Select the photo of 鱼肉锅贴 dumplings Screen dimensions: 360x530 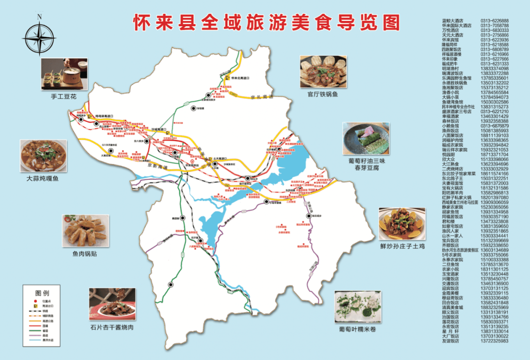(84, 230)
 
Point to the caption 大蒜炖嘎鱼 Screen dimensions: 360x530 (43, 179)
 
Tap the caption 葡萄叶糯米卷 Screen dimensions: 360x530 (357, 329)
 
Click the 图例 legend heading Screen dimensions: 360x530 (42, 293)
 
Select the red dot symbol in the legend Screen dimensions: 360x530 (35, 301)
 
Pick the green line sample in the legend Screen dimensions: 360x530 (35, 330)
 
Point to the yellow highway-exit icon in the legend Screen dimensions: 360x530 (35, 305)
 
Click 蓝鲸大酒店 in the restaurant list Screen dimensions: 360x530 (452, 21)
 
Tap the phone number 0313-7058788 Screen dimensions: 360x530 (494, 26)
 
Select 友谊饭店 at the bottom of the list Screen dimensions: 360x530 (450, 341)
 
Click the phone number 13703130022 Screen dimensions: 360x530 (494, 336)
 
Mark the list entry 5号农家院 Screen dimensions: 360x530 (451, 255)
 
